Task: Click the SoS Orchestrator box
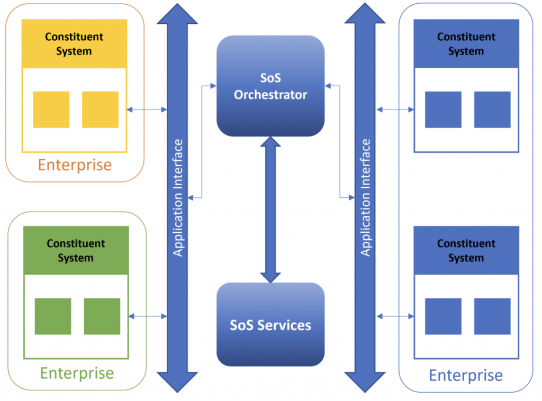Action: tap(270, 86)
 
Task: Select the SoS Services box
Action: tap(270, 324)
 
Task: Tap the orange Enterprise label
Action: tap(75, 165)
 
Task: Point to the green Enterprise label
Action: tap(77, 373)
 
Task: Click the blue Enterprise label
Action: tap(465, 376)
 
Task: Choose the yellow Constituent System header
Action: tap(75, 44)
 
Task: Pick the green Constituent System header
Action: tap(76, 251)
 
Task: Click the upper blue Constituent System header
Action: tap(466, 44)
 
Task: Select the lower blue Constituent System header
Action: tap(466, 251)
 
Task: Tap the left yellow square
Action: tap(51, 110)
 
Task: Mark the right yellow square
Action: tap(100, 110)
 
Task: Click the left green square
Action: tap(53, 316)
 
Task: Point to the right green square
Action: tap(102, 316)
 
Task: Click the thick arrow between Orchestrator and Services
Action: tap(270, 209)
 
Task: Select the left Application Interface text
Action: tap(178, 198)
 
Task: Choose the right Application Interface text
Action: tap(365, 198)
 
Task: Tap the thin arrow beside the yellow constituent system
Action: tap(147, 110)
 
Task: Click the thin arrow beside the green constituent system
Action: tap(148, 316)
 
